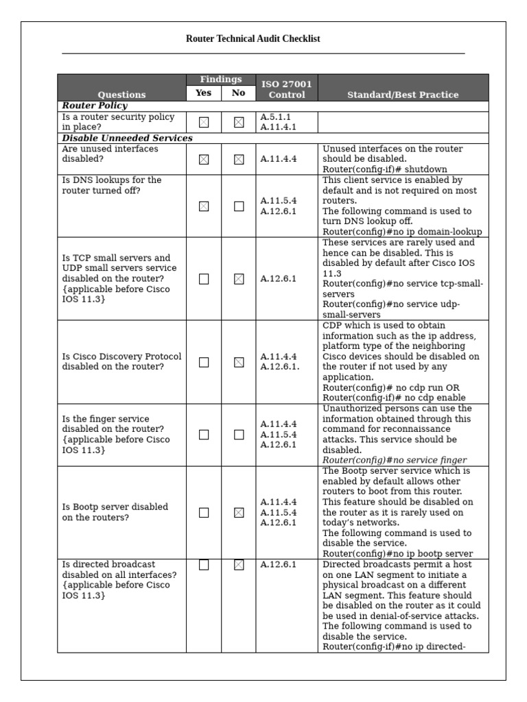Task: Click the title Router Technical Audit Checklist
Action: (253, 39)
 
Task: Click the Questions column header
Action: (121, 95)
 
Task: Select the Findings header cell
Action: (221, 80)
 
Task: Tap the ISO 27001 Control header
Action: (286, 89)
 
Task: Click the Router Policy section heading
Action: (95, 106)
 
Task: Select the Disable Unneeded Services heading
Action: (127, 138)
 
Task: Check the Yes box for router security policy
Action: (204, 122)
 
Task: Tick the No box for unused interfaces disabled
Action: (239, 159)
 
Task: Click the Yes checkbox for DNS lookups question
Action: (204, 206)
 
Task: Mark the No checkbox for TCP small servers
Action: (239, 279)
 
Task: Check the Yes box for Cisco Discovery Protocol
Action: (204, 362)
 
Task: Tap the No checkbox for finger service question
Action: (239, 434)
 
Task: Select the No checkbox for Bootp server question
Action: (239, 512)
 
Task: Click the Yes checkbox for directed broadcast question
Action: (204, 565)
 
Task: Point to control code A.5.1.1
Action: (275, 117)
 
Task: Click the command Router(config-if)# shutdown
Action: (385, 169)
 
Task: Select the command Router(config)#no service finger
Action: (395, 460)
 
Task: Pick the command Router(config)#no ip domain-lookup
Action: (402, 232)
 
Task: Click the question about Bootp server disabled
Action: (115, 512)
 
